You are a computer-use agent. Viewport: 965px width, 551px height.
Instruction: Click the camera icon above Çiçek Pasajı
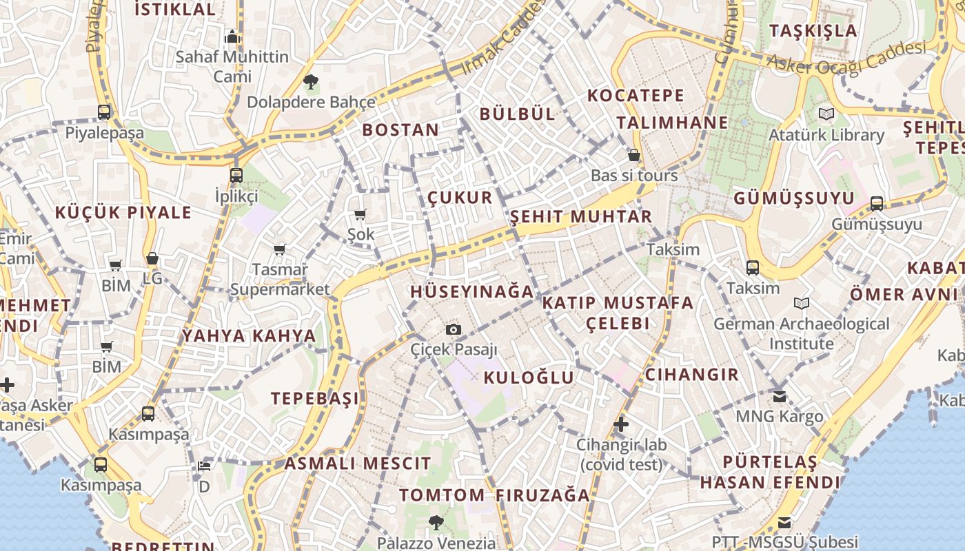(453, 329)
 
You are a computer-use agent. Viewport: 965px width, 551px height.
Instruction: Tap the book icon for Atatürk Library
(826, 114)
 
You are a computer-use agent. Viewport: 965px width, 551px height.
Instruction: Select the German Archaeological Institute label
(801, 333)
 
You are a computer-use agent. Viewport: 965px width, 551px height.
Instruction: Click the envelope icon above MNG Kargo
(779, 396)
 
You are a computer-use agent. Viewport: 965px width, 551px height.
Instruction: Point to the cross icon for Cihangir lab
(621, 424)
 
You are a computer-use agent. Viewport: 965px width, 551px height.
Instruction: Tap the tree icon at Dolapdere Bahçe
(311, 83)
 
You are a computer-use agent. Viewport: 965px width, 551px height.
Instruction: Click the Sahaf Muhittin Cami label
(232, 66)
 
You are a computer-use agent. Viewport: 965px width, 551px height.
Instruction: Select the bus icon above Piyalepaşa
(104, 112)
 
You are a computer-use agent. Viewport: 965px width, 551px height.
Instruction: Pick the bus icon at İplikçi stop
(236, 175)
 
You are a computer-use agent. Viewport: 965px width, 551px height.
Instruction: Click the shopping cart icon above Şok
(360, 215)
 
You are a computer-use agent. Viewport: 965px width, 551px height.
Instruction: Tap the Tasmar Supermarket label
(280, 279)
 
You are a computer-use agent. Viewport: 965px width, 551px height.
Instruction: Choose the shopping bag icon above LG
(152, 258)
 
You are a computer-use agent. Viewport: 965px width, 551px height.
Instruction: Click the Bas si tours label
(634, 176)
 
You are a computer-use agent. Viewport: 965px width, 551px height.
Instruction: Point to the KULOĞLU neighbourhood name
(529, 377)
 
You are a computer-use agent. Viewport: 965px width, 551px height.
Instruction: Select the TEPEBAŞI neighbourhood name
(315, 398)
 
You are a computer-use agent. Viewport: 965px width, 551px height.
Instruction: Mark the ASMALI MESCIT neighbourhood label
(358, 463)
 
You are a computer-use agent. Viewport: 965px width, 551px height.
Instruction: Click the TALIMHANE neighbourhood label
(672, 123)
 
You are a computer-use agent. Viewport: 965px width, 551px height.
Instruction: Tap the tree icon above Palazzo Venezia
(436, 522)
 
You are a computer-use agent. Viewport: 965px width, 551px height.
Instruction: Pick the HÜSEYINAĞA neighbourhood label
(472, 291)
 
